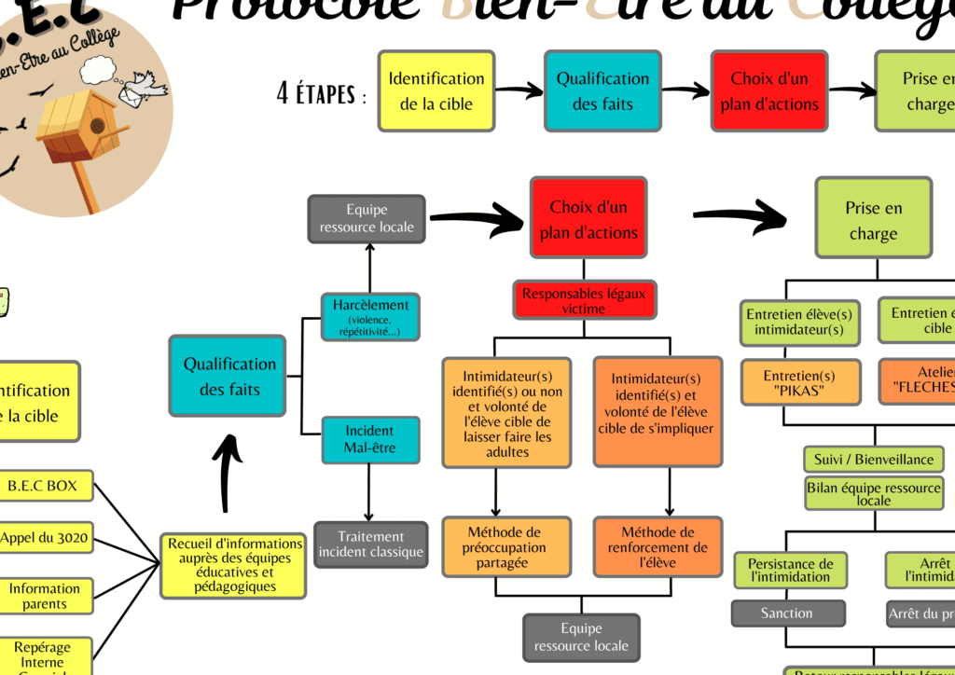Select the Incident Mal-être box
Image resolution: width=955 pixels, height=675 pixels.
point(369,439)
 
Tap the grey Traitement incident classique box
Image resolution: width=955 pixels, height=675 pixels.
point(370,544)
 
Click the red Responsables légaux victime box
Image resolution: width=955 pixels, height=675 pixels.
point(584,300)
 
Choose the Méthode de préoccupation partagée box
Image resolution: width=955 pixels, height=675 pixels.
point(505,547)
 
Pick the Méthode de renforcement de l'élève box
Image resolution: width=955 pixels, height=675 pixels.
point(657,547)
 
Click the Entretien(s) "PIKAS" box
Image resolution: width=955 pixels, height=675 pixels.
point(799,382)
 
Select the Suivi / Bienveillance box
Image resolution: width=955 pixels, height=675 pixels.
point(873,460)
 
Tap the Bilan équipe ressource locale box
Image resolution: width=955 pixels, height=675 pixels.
point(873,493)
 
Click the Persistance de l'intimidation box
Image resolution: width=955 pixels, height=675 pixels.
point(791,570)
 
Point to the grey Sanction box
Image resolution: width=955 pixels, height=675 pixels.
point(787,613)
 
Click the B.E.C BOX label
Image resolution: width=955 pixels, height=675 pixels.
point(42,486)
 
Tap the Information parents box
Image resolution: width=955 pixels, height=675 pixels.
point(45,596)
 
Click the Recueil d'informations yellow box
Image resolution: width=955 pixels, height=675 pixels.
point(235,565)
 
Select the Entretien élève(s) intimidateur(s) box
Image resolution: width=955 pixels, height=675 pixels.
point(798,322)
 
